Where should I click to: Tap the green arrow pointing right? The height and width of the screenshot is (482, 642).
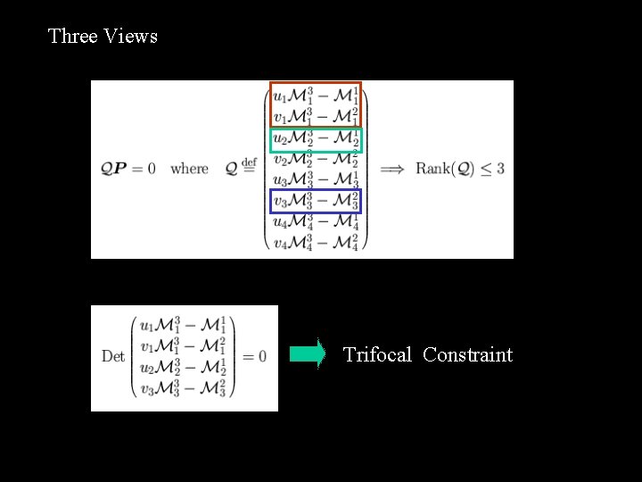tap(307, 354)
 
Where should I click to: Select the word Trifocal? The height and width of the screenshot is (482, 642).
tap(377, 354)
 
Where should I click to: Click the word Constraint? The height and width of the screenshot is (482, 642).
tap(467, 354)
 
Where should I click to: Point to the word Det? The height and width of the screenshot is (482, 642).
tap(113, 357)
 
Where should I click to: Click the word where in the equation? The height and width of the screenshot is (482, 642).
tap(189, 169)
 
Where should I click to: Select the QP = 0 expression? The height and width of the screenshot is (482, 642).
tap(128, 169)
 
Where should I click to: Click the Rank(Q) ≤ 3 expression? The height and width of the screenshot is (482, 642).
tap(459, 169)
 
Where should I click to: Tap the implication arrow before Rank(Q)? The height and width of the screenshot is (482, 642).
tap(393, 169)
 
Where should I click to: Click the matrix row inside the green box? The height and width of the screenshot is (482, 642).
tap(316, 139)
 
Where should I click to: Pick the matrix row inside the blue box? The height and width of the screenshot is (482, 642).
tap(316, 202)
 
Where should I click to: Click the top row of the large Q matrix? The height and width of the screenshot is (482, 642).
tap(316, 95)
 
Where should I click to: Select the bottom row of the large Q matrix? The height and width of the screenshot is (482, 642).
tap(316, 243)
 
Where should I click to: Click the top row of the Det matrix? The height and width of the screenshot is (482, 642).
tap(183, 325)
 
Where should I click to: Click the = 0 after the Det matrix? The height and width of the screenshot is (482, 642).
tap(253, 357)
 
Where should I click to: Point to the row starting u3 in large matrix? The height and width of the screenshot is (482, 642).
tap(316, 180)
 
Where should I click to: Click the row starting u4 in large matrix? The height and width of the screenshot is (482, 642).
tap(316, 222)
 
